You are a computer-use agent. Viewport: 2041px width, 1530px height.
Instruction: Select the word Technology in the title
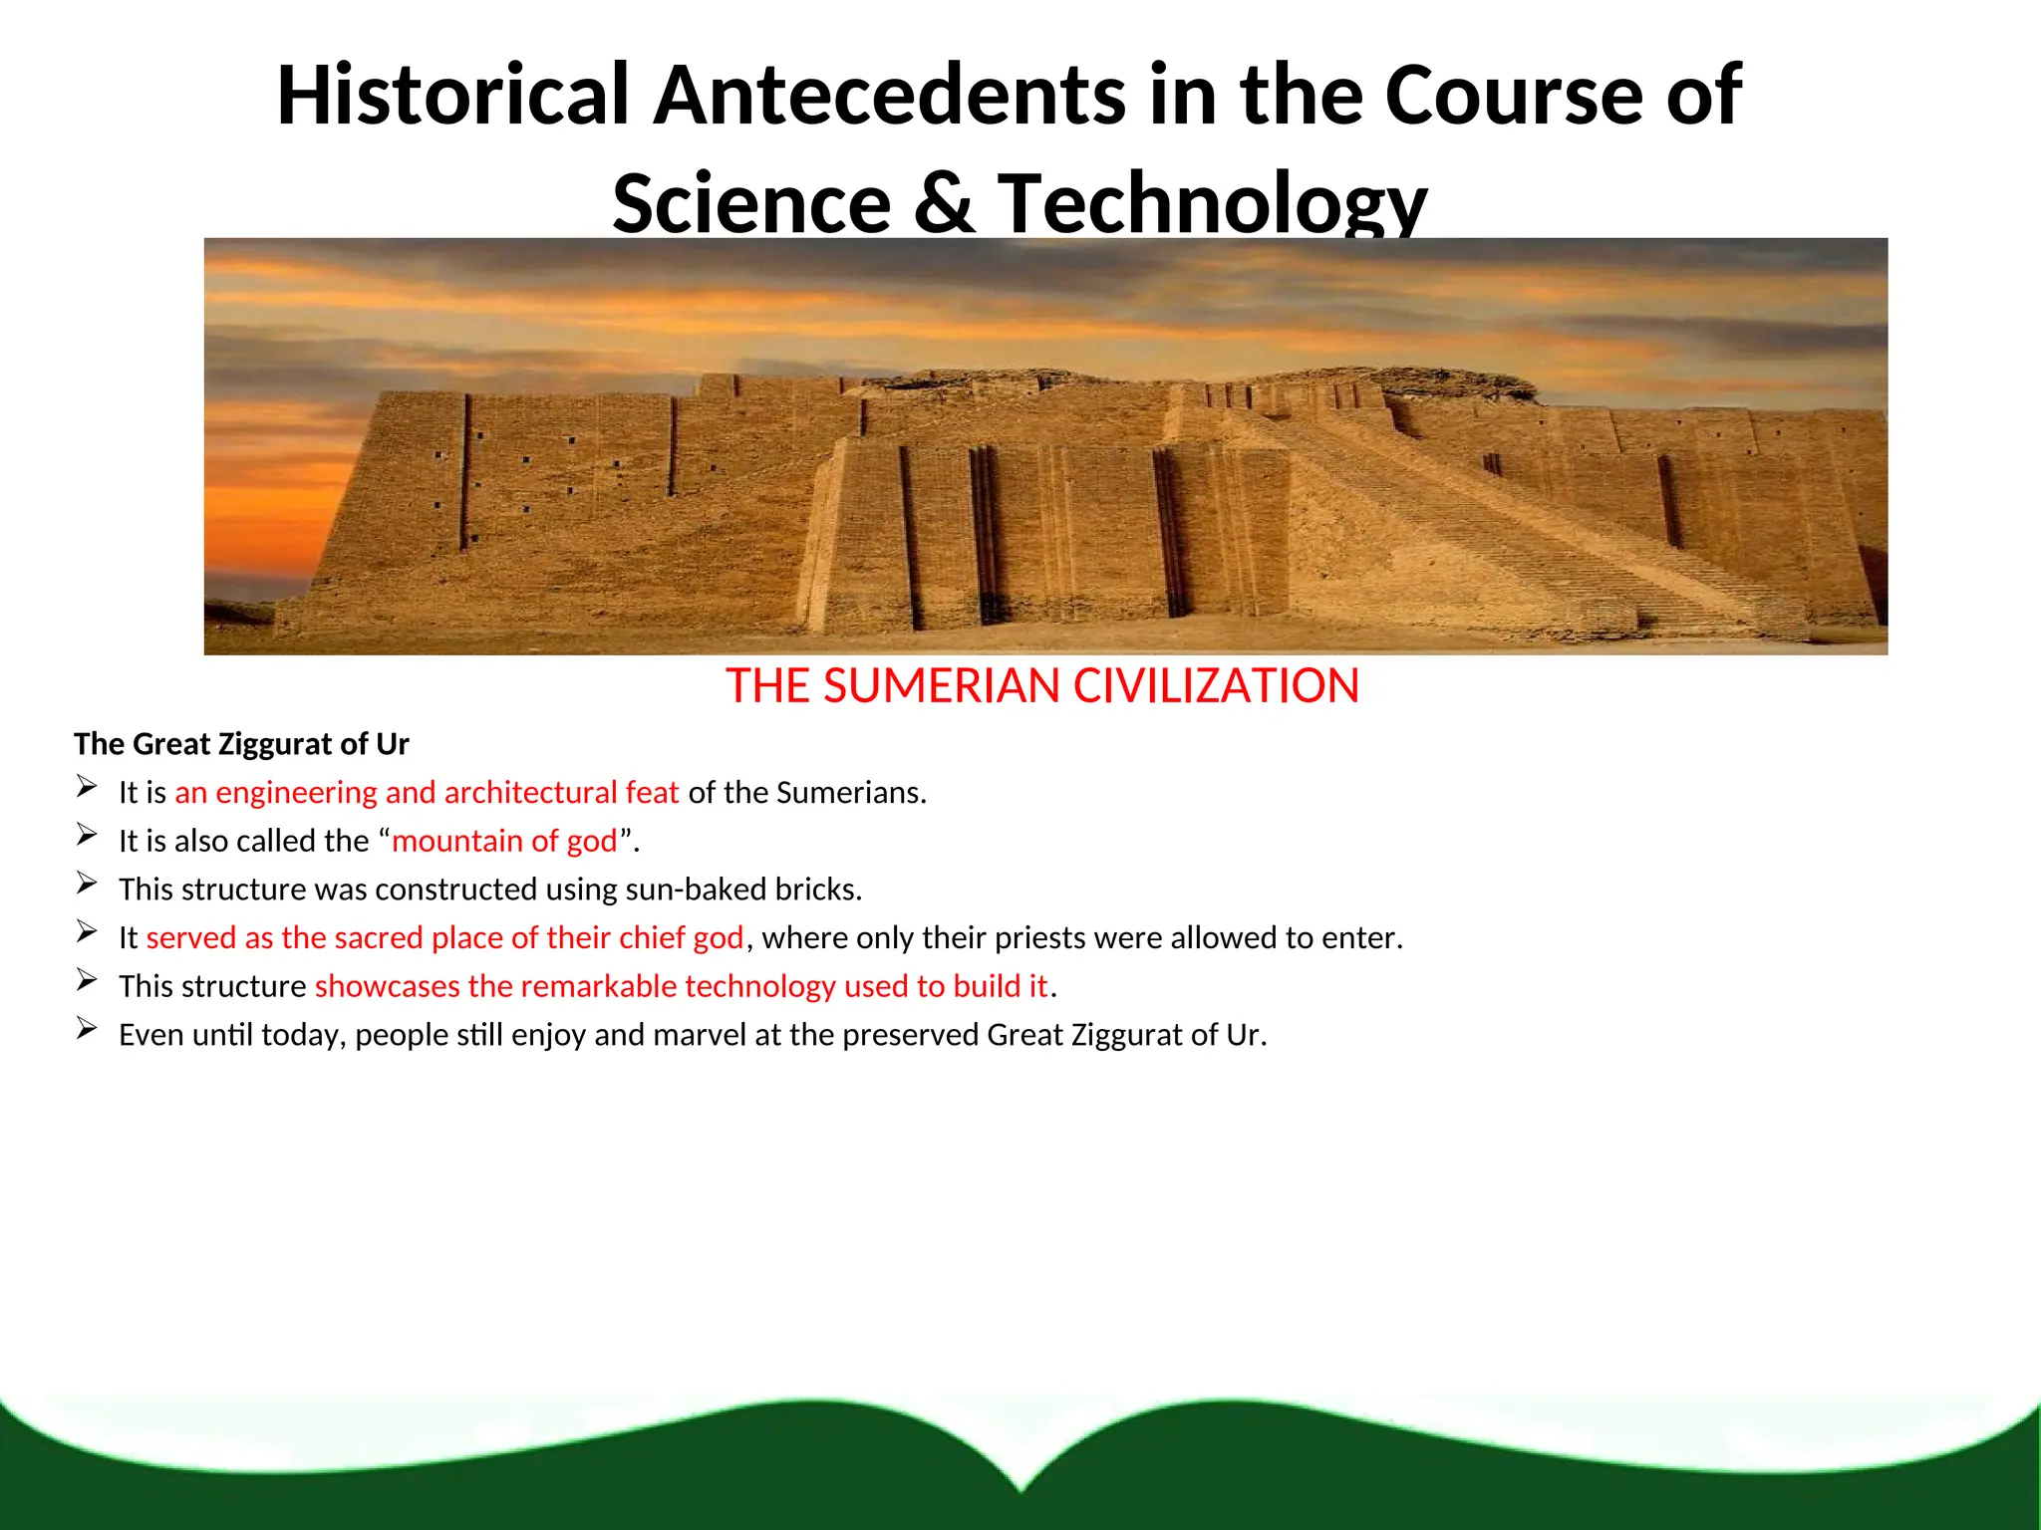[1212, 204]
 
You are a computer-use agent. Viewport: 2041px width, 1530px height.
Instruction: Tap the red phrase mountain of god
[505, 841]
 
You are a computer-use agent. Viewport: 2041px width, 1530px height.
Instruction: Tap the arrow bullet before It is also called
[87, 836]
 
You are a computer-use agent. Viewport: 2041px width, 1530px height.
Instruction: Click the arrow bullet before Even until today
[87, 1029]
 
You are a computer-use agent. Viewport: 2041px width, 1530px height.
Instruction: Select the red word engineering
[296, 793]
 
